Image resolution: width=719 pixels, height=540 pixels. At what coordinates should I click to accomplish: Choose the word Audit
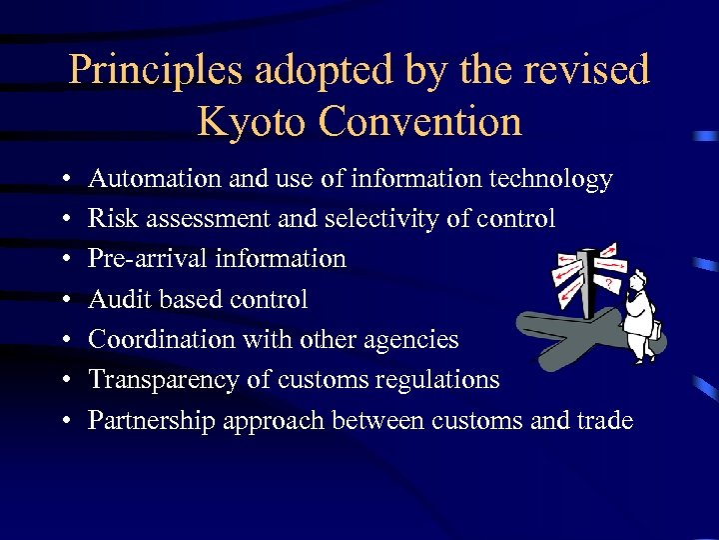pos(113,299)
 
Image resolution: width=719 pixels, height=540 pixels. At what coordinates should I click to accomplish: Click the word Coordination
pos(155,340)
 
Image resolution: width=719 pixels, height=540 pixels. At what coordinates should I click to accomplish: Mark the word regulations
pos(440,380)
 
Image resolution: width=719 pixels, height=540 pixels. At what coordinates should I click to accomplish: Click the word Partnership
pos(151,420)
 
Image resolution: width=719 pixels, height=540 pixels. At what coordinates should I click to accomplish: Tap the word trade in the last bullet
pos(604,420)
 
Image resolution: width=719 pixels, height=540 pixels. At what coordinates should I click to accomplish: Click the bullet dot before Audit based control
pos(63,300)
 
